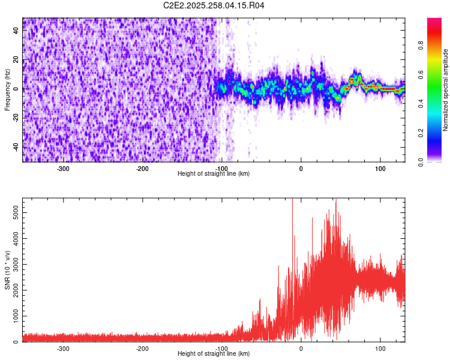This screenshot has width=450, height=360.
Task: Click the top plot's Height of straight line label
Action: coord(214,173)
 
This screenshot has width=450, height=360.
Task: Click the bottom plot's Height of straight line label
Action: coord(214,353)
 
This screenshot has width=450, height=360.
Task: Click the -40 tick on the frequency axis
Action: coord(16,147)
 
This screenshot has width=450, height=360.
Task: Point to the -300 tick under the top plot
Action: coord(63,168)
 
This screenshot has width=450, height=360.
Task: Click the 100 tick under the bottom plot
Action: coord(380,348)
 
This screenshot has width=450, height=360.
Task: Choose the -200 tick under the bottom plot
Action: coord(142,348)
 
